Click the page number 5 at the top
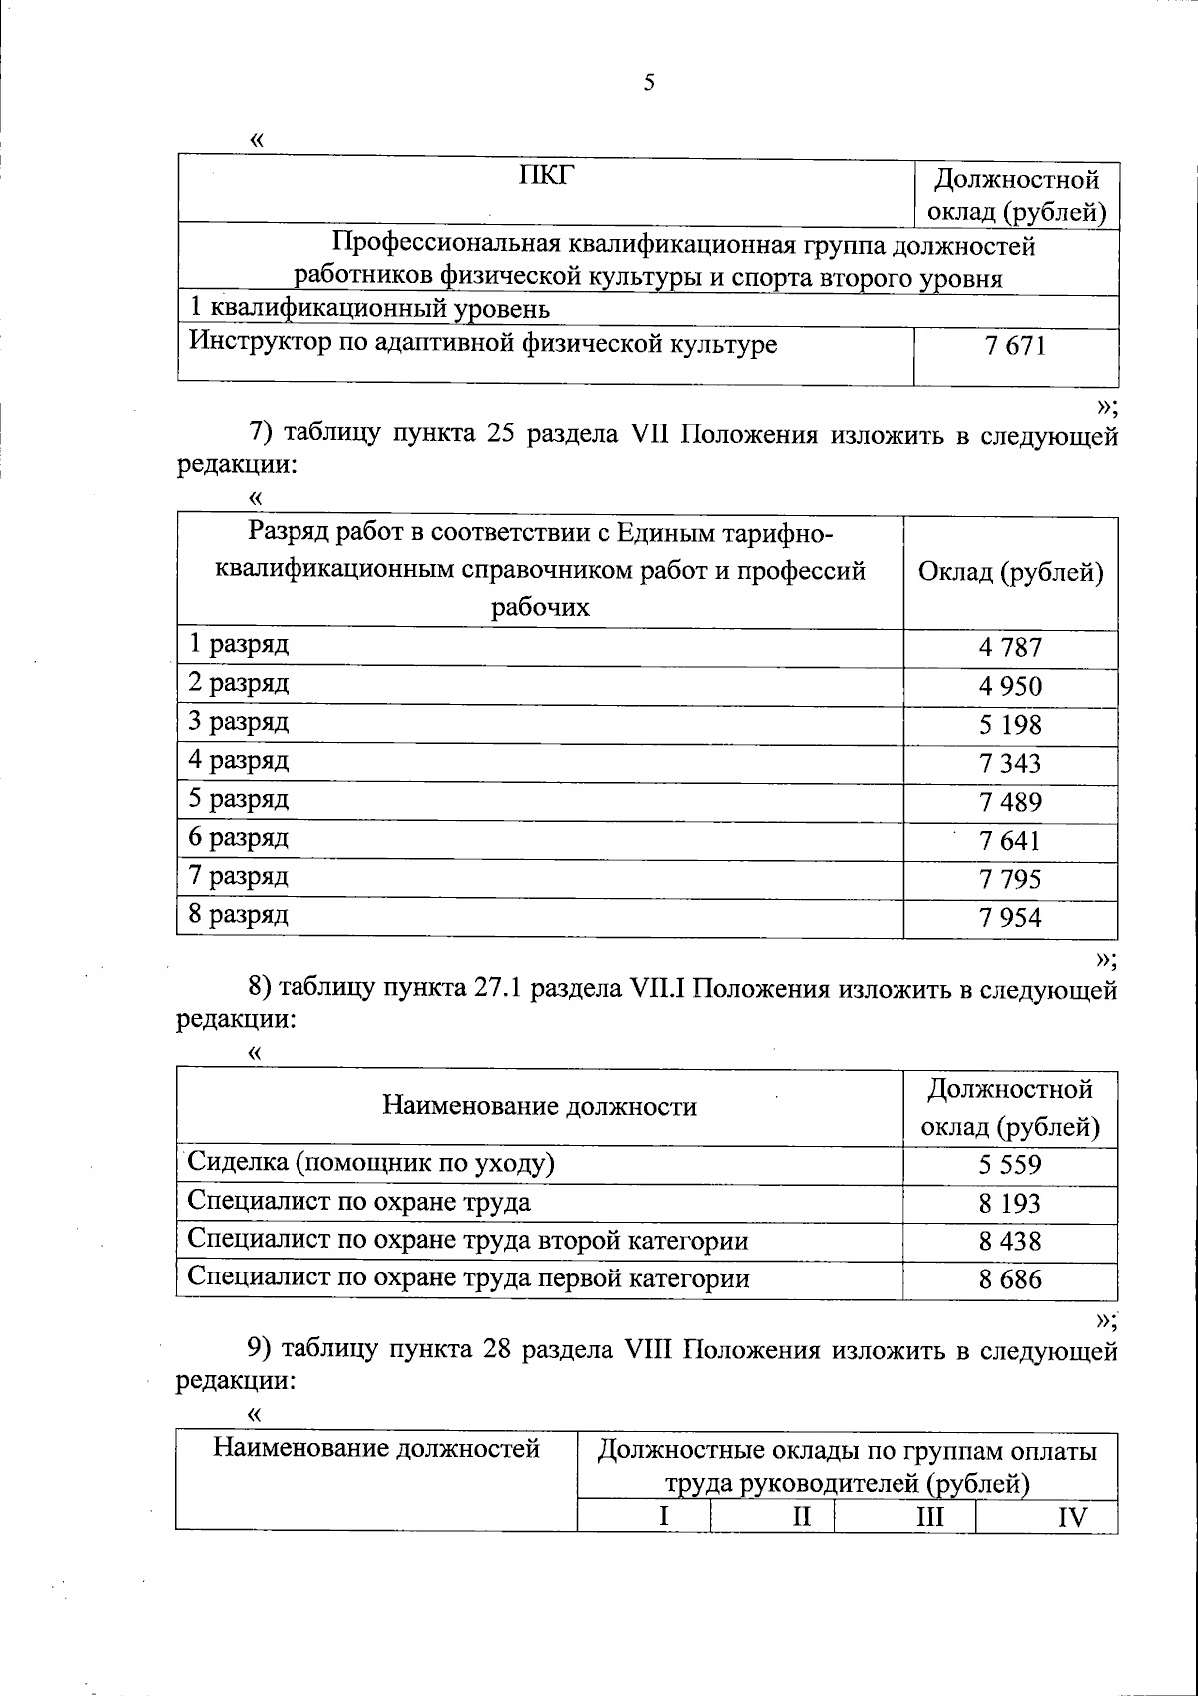(x=649, y=83)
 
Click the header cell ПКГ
(x=547, y=178)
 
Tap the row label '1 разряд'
(x=239, y=644)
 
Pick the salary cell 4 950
(x=1010, y=686)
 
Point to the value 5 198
(x=1010, y=725)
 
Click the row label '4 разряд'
(x=239, y=761)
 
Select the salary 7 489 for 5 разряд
(x=1010, y=802)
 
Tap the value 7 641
(x=1010, y=841)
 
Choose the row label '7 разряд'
(x=239, y=877)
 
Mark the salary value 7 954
(x=1010, y=917)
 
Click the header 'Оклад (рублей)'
(x=1010, y=573)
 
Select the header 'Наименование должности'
(x=540, y=1106)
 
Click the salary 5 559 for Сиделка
(x=1010, y=1165)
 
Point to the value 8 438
(x=1010, y=1242)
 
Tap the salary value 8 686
(x=1010, y=1279)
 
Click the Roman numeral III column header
(x=930, y=1518)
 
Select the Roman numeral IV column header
(x=1072, y=1518)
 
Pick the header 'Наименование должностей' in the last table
(x=376, y=1448)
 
